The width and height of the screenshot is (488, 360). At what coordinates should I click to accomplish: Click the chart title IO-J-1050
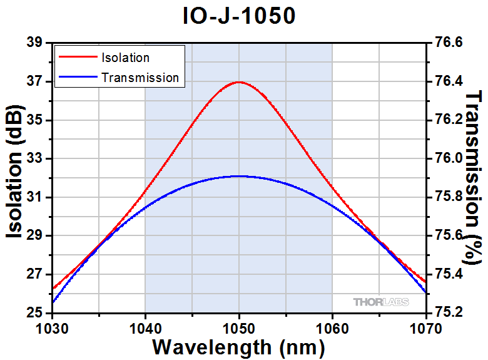239,16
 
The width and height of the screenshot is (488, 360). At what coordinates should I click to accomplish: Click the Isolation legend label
125,58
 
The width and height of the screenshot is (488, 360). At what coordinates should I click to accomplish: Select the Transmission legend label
140,78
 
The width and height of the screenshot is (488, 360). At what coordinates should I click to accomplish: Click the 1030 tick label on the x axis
52,326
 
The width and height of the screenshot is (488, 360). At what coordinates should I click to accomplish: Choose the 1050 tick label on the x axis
239,326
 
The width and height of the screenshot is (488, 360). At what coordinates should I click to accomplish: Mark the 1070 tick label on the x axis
425,326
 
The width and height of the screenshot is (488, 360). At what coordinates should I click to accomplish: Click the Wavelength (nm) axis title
238,346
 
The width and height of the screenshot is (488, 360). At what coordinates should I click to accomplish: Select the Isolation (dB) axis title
15,177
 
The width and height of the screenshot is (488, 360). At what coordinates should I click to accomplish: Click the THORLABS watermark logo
381,302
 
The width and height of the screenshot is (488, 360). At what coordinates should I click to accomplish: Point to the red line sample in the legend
77,58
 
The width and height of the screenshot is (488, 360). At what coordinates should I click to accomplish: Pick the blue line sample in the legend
77,78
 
